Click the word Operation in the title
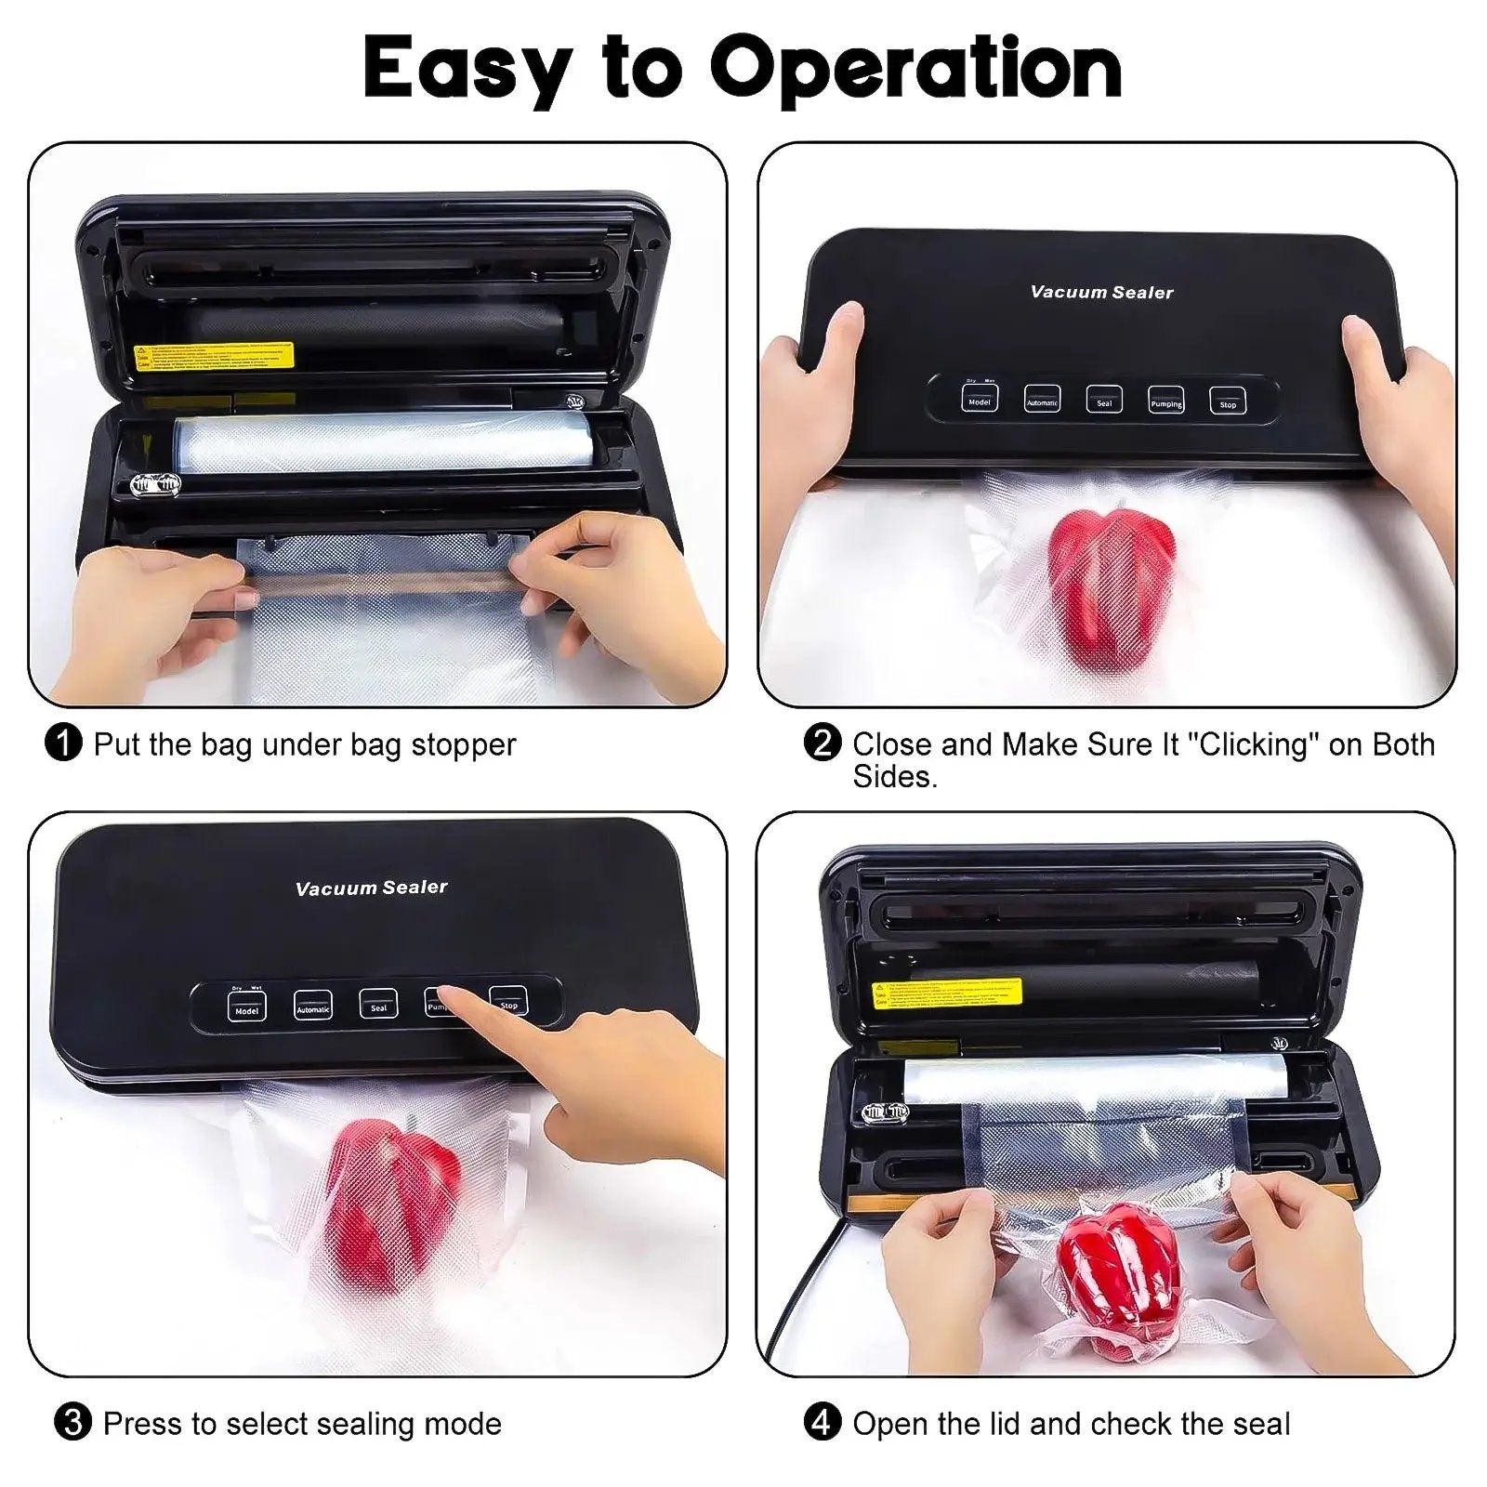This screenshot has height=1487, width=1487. (915, 67)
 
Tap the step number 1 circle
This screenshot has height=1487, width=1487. (63, 743)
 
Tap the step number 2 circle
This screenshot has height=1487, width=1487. (822, 743)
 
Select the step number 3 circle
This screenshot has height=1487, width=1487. (72, 1423)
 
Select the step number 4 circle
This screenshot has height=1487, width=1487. (822, 1423)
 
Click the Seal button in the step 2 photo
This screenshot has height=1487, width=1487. (1104, 400)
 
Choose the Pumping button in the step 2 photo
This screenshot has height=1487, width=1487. (1165, 400)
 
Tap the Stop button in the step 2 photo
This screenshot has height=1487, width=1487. (1228, 401)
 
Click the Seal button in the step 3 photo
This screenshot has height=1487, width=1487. (378, 1004)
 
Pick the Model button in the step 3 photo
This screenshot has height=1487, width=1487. (246, 1007)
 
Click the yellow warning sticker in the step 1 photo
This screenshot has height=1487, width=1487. (215, 356)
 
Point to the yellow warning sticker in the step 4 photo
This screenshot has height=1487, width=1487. (947, 993)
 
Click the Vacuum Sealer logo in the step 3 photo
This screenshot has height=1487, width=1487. (371, 888)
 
